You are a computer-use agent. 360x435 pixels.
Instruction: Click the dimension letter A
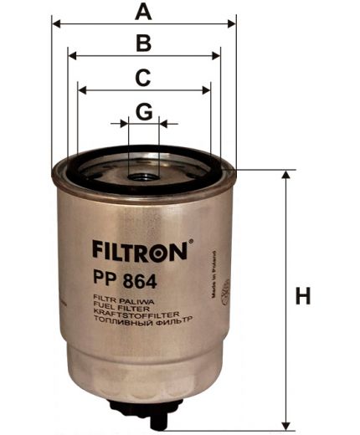(144, 12)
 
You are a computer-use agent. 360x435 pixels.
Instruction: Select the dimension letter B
(144, 43)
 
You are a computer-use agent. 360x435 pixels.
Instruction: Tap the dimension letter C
(144, 77)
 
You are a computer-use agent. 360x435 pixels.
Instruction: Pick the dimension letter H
(303, 296)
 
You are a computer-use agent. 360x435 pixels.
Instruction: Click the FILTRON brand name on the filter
(139, 249)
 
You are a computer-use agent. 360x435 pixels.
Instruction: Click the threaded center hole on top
(144, 177)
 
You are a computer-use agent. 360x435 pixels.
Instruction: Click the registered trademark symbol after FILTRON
(191, 243)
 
